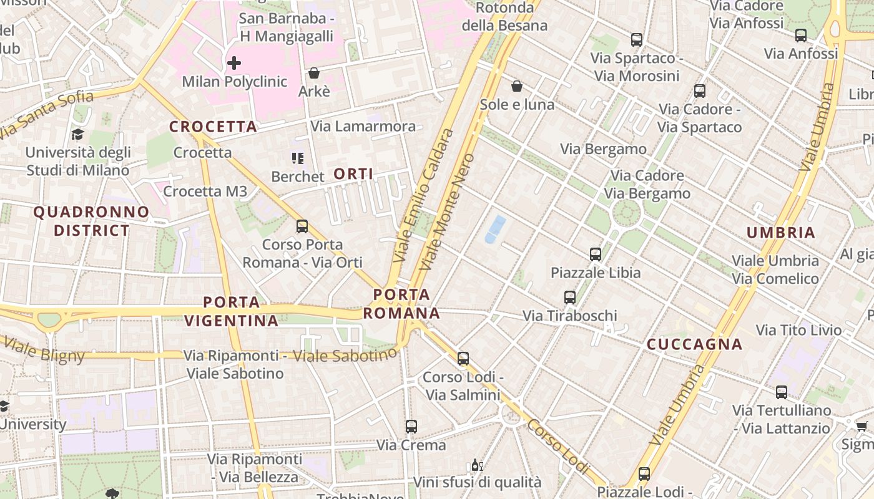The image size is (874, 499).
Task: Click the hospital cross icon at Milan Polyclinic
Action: pyautogui.click(x=234, y=63)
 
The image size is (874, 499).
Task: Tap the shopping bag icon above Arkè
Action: pyautogui.click(x=314, y=73)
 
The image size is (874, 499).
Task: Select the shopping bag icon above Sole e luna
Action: pyautogui.click(x=517, y=85)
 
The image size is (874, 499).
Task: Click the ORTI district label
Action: pyautogui.click(x=353, y=174)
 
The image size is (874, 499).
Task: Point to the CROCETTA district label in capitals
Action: pyautogui.click(x=214, y=127)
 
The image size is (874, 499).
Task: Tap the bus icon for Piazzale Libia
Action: pyautogui.click(x=596, y=254)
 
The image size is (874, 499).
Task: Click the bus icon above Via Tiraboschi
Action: pyautogui.click(x=570, y=298)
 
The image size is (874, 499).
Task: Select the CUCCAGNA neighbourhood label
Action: pyautogui.click(x=694, y=344)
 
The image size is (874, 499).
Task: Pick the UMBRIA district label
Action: pyautogui.click(x=781, y=233)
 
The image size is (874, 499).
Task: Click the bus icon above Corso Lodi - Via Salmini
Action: pyautogui.click(x=463, y=359)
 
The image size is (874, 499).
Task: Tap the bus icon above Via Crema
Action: pyautogui.click(x=411, y=427)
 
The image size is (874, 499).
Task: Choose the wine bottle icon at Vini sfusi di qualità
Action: pyautogui.click(x=477, y=465)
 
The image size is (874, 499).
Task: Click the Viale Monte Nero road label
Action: pyautogui.click(x=447, y=212)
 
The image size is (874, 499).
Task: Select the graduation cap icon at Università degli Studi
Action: pyautogui.click(x=77, y=135)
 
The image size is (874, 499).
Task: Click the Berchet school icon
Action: pyautogui.click(x=298, y=158)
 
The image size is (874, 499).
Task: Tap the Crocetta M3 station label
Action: pyautogui.click(x=205, y=191)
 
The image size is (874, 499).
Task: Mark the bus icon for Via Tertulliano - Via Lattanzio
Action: pyautogui.click(x=782, y=392)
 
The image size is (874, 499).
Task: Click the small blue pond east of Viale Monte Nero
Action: pyautogui.click(x=496, y=229)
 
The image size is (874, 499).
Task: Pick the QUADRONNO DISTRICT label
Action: pyautogui.click(x=91, y=221)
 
